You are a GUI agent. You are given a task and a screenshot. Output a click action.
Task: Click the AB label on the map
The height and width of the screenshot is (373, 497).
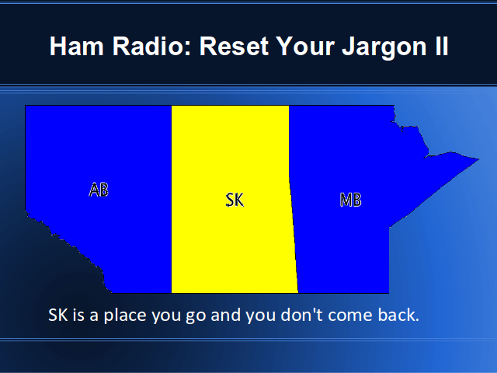pos(99,190)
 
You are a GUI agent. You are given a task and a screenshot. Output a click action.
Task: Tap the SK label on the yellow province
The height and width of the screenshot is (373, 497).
pos(235,200)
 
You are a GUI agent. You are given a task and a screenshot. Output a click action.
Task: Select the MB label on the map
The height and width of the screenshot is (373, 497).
pos(350,200)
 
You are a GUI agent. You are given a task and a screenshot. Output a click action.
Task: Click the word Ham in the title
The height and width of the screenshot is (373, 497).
pos(77,47)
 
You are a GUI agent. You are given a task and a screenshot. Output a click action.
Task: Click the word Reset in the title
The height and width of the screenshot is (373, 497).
pos(235,47)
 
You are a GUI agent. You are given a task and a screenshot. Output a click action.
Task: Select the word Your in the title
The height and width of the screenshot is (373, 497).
pos(305,47)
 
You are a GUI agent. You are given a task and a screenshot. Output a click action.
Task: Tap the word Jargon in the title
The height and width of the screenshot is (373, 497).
pos(384,47)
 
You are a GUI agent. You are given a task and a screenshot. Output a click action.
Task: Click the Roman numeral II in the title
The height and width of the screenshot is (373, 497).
pos(442,47)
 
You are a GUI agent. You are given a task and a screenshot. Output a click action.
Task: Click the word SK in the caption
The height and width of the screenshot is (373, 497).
pos(58,315)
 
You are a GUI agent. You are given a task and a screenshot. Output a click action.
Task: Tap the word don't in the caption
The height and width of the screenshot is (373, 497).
pos(301,315)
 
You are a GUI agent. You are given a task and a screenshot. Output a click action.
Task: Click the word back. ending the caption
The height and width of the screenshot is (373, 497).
pos(398,315)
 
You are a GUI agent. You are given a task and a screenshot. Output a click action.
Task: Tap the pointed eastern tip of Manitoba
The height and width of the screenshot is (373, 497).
pos(478,159)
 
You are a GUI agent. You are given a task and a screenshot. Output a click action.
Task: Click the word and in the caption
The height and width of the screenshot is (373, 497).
pos(225,315)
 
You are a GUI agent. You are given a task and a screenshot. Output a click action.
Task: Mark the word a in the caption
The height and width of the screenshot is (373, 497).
pos(94,317)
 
